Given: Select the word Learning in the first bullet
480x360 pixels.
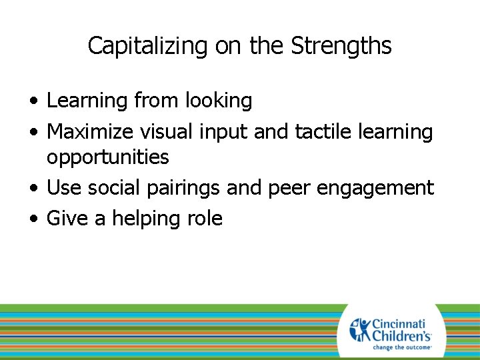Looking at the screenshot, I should point(87,101).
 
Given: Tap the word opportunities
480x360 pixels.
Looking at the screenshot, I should point(107,157).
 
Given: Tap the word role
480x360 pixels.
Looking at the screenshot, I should point(205,219).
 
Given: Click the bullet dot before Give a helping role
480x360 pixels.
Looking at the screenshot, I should point(33,219).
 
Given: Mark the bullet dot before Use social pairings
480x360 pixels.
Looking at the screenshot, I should point(33,189).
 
